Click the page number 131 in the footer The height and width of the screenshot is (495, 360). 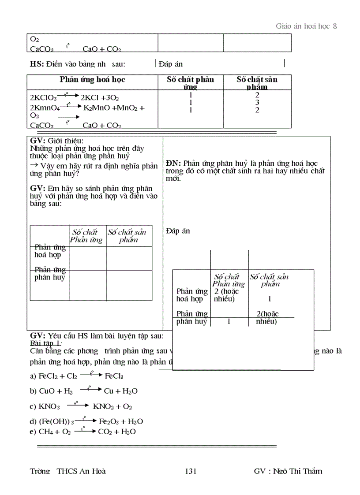tap(191, 471)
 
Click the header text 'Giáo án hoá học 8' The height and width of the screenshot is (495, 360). tap(306, 26)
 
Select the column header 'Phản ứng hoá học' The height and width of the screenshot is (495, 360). tap(92, 80)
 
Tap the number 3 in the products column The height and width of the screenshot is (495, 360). tap(257, 102)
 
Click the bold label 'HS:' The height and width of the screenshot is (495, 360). tap(37, 64)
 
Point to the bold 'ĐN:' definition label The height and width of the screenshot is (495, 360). tap(173, 163)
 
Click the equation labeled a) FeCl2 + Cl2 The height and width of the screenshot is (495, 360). tap(76, 376)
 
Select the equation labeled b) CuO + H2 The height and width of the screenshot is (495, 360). tap(84, 391)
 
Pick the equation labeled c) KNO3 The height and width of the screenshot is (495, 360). tap(81, 406)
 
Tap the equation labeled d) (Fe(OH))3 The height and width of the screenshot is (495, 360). tap(86, 421)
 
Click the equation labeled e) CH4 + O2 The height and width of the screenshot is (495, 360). tap(82, 432)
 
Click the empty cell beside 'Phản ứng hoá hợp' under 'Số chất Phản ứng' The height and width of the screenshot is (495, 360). tap(88, 257)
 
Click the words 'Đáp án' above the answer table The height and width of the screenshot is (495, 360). tap(178, 231)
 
